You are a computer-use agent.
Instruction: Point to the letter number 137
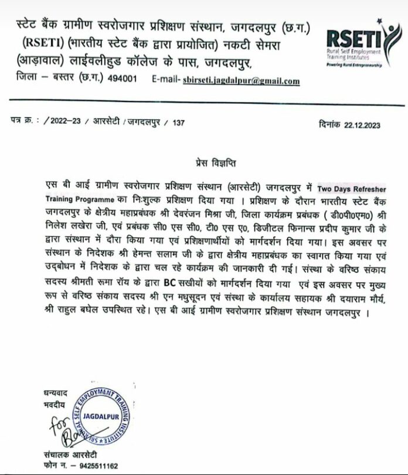[x=179, y=124]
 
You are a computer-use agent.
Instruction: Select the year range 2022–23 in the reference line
[x=66, y=124]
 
